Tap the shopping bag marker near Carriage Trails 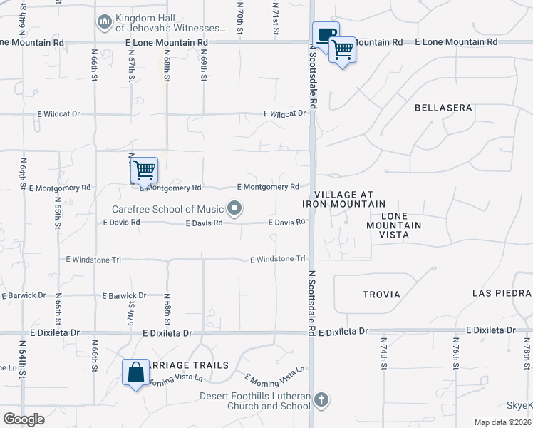click(x=135, y=373)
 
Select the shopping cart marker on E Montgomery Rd click(x=144, y=170)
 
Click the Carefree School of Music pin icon click(x=234, y=209)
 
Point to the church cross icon click(x=321, y=399)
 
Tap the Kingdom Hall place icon click(x=104, y=23)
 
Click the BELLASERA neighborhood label click(x=443, y=108)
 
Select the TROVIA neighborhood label click(x=381, y=294)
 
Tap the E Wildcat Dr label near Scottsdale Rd click(x=284, y=113)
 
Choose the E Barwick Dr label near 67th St click(x=124, y=295)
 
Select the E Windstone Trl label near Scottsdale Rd click(x=278, y=259)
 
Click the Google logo click(x=24, y=419)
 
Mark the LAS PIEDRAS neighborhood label click(x=502, y=293)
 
